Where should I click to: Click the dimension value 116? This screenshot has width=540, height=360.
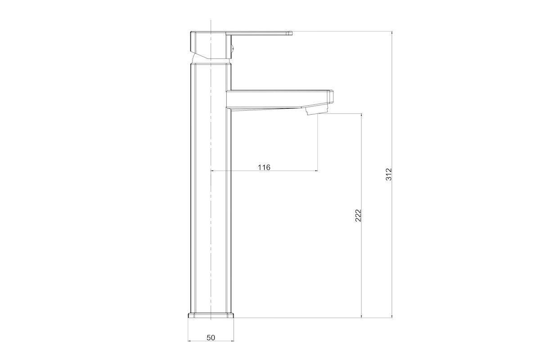pyautogui.click(x=264, y=167)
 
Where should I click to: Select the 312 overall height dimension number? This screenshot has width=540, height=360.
pyautogui.click(x=389, y=174)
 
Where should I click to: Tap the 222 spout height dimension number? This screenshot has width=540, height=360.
pyautogui.click(x=358, y=216)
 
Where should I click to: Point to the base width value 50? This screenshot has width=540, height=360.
pyautogui.click(x=211, y=338)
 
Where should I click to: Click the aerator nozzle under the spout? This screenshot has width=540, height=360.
pyautogui.click(x=317, y=111)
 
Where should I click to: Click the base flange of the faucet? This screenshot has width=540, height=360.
pyautogui.click(x=211, y=315)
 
